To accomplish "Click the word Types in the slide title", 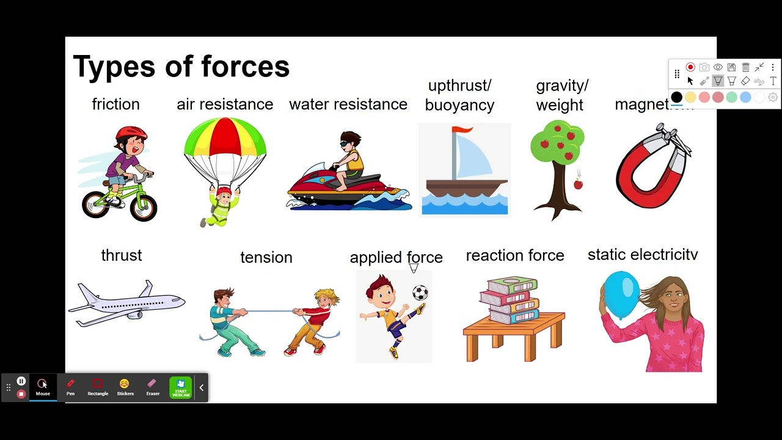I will [x=112, y=67].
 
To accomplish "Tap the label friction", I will [x=115, y=105].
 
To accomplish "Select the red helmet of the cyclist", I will [x=131, y=133].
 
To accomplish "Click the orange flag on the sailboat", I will [x=463, y=130].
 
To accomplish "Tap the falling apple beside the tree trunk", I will [x=578, y=183].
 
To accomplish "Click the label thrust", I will [x=121, y=255].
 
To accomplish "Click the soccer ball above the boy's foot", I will [x=420, y=293].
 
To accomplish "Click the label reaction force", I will [x=514, y=255].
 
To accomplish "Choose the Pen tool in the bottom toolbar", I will [x=70, y=387].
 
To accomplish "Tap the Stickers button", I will [x=125, y=387].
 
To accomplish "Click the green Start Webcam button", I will [x=181, y=387].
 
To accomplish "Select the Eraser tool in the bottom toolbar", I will [x=153, y=387].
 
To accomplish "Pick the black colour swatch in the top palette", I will [x=676, y=97].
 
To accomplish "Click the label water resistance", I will [x=348, y=105].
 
